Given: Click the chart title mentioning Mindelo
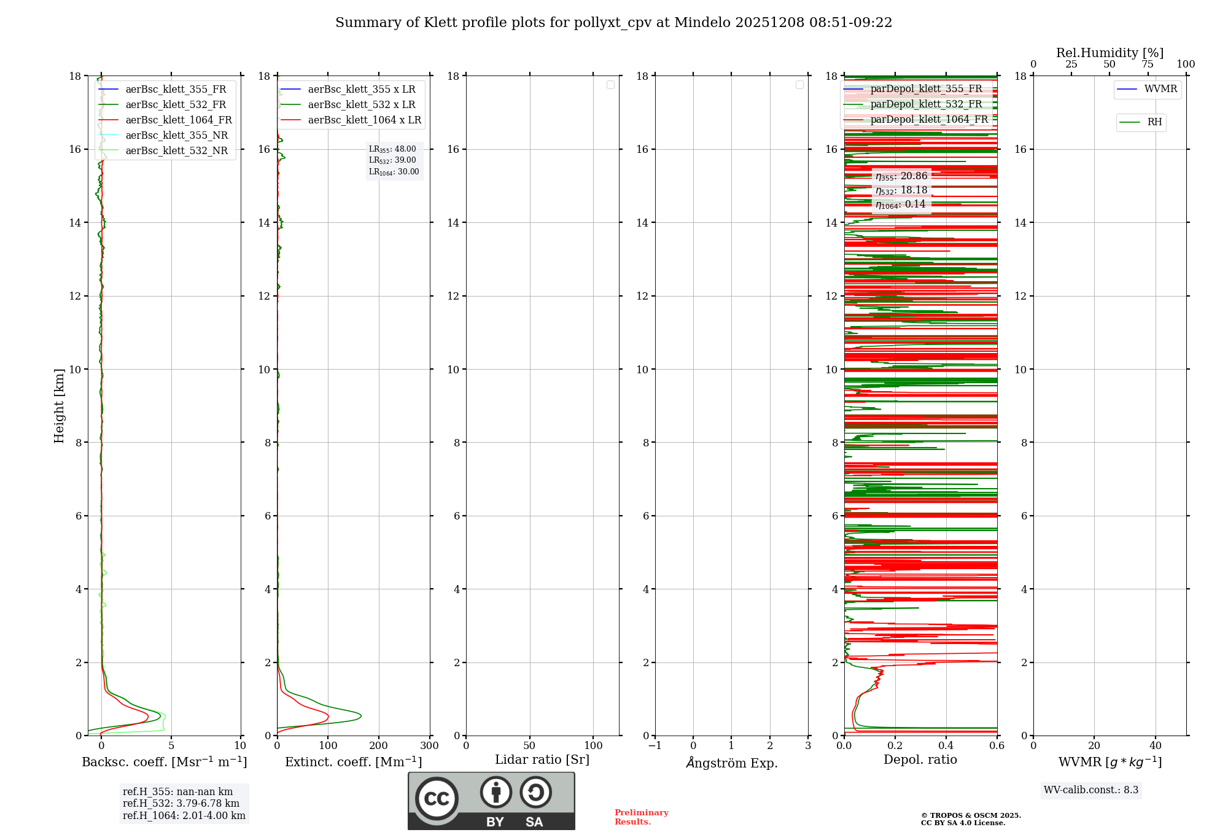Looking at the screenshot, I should (613, 23).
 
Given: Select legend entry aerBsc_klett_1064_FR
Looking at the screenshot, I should (178, 120).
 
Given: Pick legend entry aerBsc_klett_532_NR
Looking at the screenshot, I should (176, 151).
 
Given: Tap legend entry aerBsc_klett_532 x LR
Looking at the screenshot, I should (361, 105).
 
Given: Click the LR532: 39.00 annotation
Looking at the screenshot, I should (392, 160).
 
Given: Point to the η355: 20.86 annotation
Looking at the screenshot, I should (901, 176).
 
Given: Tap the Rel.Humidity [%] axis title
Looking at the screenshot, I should (1109, 53).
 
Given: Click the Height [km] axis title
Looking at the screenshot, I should (59, 405).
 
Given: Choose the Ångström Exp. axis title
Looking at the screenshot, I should (731, 763).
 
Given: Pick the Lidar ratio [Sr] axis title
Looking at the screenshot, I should (542, 760).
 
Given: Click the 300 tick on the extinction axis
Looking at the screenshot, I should (429, 746).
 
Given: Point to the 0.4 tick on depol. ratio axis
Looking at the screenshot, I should (946, 746).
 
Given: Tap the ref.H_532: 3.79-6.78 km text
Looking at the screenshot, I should (181, 804).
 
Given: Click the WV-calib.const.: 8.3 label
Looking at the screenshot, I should (1091, 790).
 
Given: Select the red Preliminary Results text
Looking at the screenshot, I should (641, 817).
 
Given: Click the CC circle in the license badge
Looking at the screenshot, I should (437, 799).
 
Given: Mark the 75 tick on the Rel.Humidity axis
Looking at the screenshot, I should (1148, 64).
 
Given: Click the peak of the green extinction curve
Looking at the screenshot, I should (360, 716).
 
